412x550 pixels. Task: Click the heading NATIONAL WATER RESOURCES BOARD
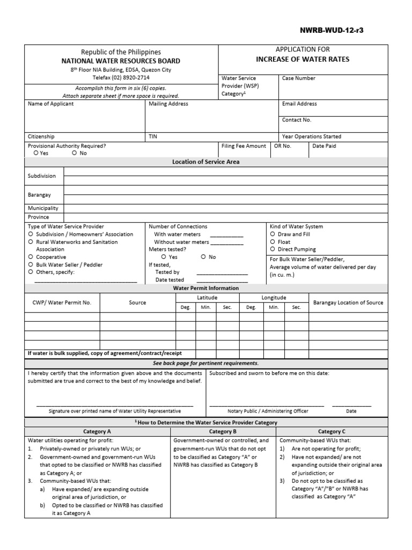[x=121, y=61]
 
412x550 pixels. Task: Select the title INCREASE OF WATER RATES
[x=303, y=59]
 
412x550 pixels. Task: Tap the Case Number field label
[x=299, y=78]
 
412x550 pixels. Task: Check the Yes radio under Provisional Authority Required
[x=36, y=153]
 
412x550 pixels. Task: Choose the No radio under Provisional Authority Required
[x=75, y=153]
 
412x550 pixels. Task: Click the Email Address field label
[x=299, y=104]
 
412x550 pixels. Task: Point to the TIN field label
[x=153, y=137]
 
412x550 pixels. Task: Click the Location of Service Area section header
[x=205, y=162]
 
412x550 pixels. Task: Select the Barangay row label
[x=39, y=196]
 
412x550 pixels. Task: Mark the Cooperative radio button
[x=31, y=257]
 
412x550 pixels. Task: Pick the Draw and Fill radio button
[x=273, y=234]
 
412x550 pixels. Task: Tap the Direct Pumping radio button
[x=273, y=249]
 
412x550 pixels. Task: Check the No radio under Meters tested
[x=203, y=257]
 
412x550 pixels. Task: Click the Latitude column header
[x=207, y=298]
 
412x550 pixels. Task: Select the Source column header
[x=137, y=303]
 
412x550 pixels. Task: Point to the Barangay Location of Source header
[x=348, y=303]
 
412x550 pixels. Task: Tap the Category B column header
[x=223, y=431]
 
